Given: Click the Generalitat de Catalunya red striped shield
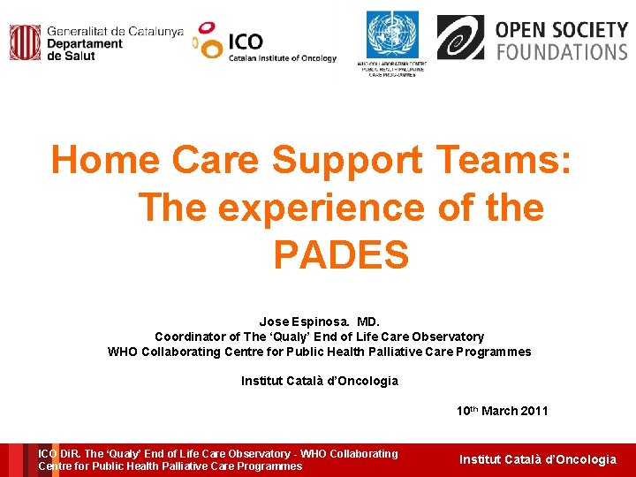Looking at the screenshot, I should point(26,42).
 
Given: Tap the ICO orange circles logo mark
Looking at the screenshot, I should point(208,41).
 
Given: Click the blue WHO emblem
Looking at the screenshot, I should point(392,35).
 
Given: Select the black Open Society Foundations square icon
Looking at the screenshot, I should point(460,37).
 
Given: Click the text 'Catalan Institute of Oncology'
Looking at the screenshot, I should point(283,58).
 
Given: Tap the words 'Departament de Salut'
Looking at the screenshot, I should point(84,49).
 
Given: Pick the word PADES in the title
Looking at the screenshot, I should point(341,255).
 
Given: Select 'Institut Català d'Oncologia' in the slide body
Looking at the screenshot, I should point(320,381).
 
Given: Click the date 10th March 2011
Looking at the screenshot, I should point(502,411).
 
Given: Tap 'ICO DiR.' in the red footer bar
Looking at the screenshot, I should point(59,453).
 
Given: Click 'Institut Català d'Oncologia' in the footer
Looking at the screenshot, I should point(537,459).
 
